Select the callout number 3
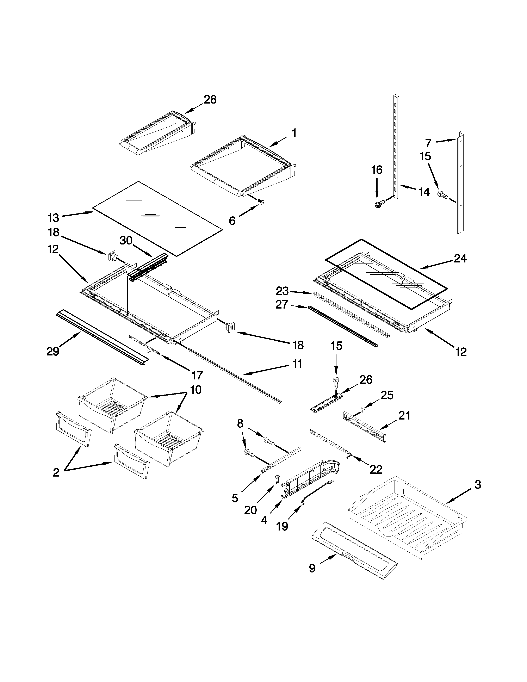pos(478,485)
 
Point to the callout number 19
pos(282,527)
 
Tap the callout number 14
pos(424,192)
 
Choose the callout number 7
pos(428,143)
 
